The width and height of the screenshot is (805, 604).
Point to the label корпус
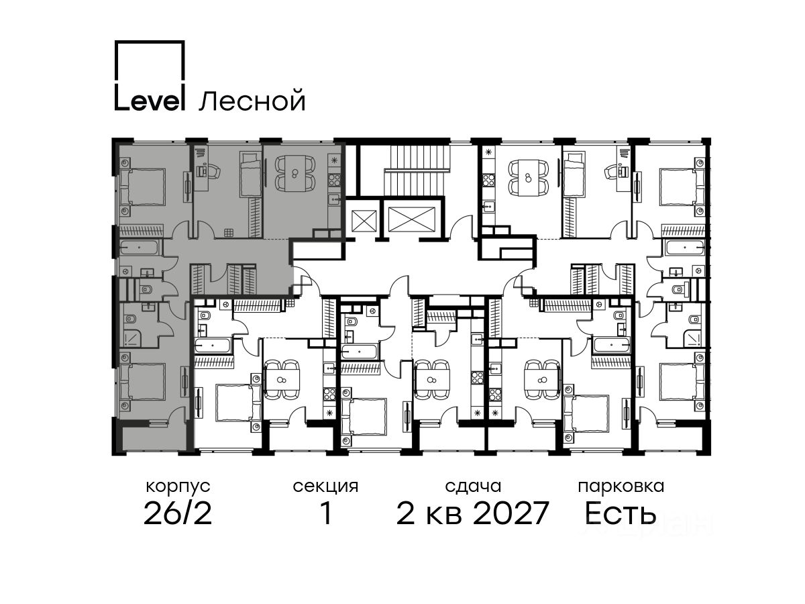point(178,487)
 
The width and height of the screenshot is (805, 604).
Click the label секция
point(325,487)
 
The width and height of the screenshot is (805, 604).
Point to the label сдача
point(473,487)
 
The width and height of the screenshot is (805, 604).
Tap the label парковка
point(621,487)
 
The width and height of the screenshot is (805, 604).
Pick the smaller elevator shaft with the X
point(364,221)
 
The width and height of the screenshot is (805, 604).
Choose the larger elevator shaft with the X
point(411,219)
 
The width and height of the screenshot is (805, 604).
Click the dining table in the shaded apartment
point(294,173)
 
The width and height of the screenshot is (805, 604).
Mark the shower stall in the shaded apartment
point(129,338)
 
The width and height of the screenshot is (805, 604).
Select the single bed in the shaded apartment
point(250,174)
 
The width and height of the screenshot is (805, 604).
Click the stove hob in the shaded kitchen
point(333,181)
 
